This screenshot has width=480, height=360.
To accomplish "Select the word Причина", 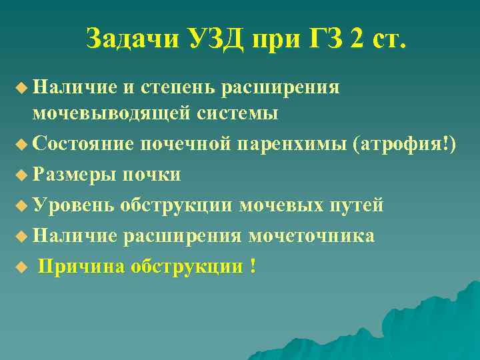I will (x=80, y=267).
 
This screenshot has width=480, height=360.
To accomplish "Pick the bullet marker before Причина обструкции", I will (x=23, y=267).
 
